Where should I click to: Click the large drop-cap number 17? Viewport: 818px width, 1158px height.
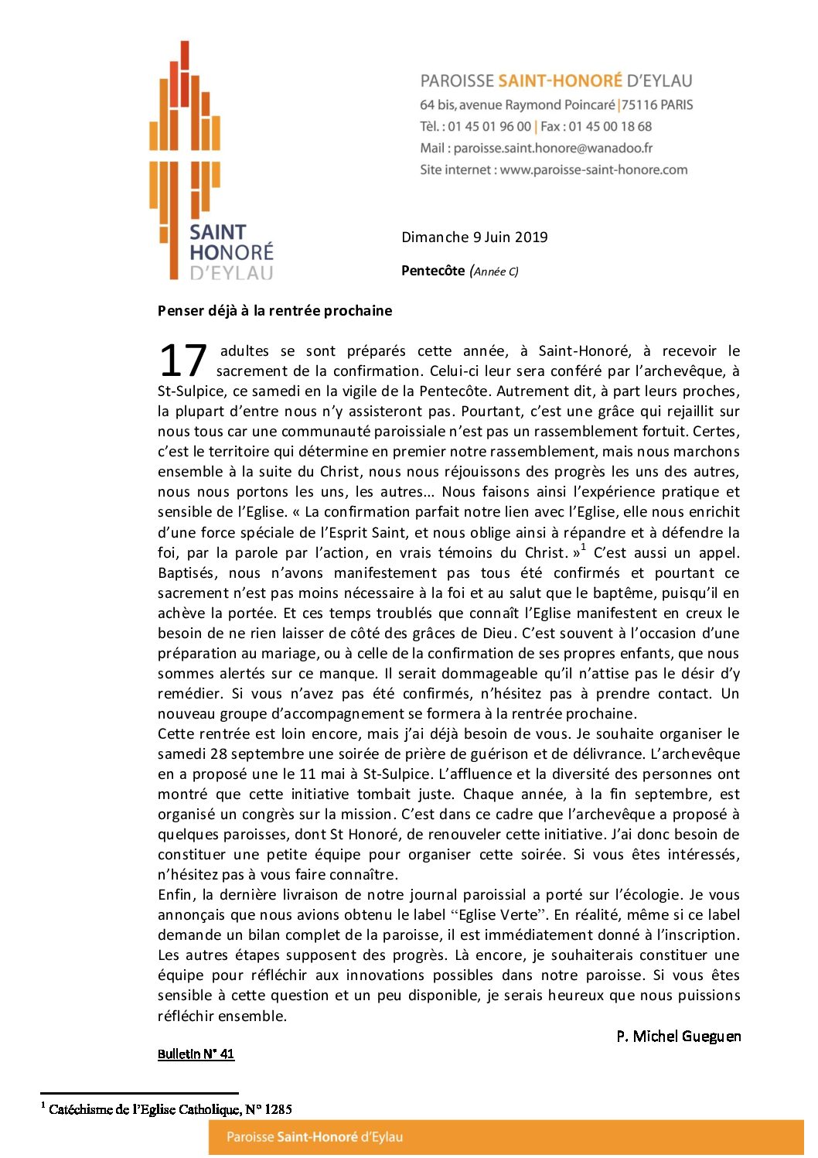pyautogui.click(x=182, y=360)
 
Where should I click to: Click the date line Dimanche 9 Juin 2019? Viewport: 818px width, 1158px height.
pyautogui.click(x=474, y=237)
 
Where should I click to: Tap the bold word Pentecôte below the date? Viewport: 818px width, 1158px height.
pyautogui.click(x=433, y=271)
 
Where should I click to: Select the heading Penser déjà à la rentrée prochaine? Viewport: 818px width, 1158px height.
pyautogui.click(x=274, y=311)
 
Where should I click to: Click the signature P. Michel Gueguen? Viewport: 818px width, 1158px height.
pyautogui.click(x=678, y=1037)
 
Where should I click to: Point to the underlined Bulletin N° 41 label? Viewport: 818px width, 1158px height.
pyautogui.click(x=196, y=1054)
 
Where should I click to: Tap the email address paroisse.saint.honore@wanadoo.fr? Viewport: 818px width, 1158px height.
pyautogui.click(x=553, y=148)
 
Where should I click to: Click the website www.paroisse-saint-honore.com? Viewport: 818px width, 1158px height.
pyautogui.click(x=593, y=169)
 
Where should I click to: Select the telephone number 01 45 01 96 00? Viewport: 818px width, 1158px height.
pyautogui.click(x=489, y=126)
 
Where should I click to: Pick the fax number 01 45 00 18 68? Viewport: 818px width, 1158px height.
pyautogui.click(x=610, y=126)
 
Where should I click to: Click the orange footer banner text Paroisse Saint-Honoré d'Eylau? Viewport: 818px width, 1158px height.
pyautogui.click(x=315, y=1137)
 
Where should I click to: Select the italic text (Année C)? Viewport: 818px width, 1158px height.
pyautogui.click(x=495, y=272)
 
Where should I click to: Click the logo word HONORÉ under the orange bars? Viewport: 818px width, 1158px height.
pyautogui.click(x=231, y=252)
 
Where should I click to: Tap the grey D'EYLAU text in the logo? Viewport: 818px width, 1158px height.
pyautogui.click(x=231, y=272)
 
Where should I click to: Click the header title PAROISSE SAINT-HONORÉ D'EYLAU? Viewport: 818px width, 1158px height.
pyautogui.click(x=556, y=81)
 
